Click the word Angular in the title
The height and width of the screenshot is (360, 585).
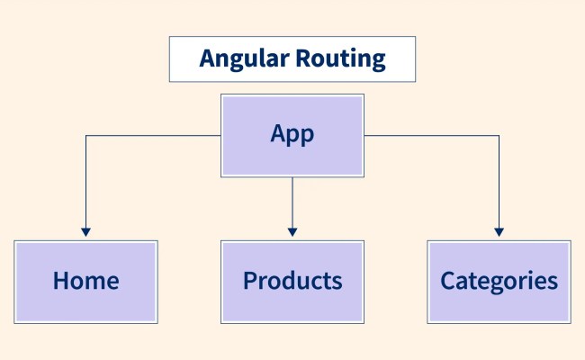tap(242, 59)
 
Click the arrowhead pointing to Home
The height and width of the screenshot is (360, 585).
tap(85, 231)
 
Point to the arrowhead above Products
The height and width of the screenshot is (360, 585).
tap(292, 231)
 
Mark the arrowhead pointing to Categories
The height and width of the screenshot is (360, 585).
tap(499, 231)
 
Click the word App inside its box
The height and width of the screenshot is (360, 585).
tap(292, 134)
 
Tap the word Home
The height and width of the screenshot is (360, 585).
tap(85, 280)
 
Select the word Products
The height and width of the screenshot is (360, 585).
tap(292, 280)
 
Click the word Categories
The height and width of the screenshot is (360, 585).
tap(499, 280)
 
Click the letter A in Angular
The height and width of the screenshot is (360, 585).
tap(207, 59)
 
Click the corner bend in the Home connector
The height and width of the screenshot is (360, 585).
tap(85, 136)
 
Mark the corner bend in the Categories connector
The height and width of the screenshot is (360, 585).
tap(499, 136)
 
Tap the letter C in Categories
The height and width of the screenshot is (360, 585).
tap(447, 280)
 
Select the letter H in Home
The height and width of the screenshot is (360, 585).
tap(61, 280)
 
